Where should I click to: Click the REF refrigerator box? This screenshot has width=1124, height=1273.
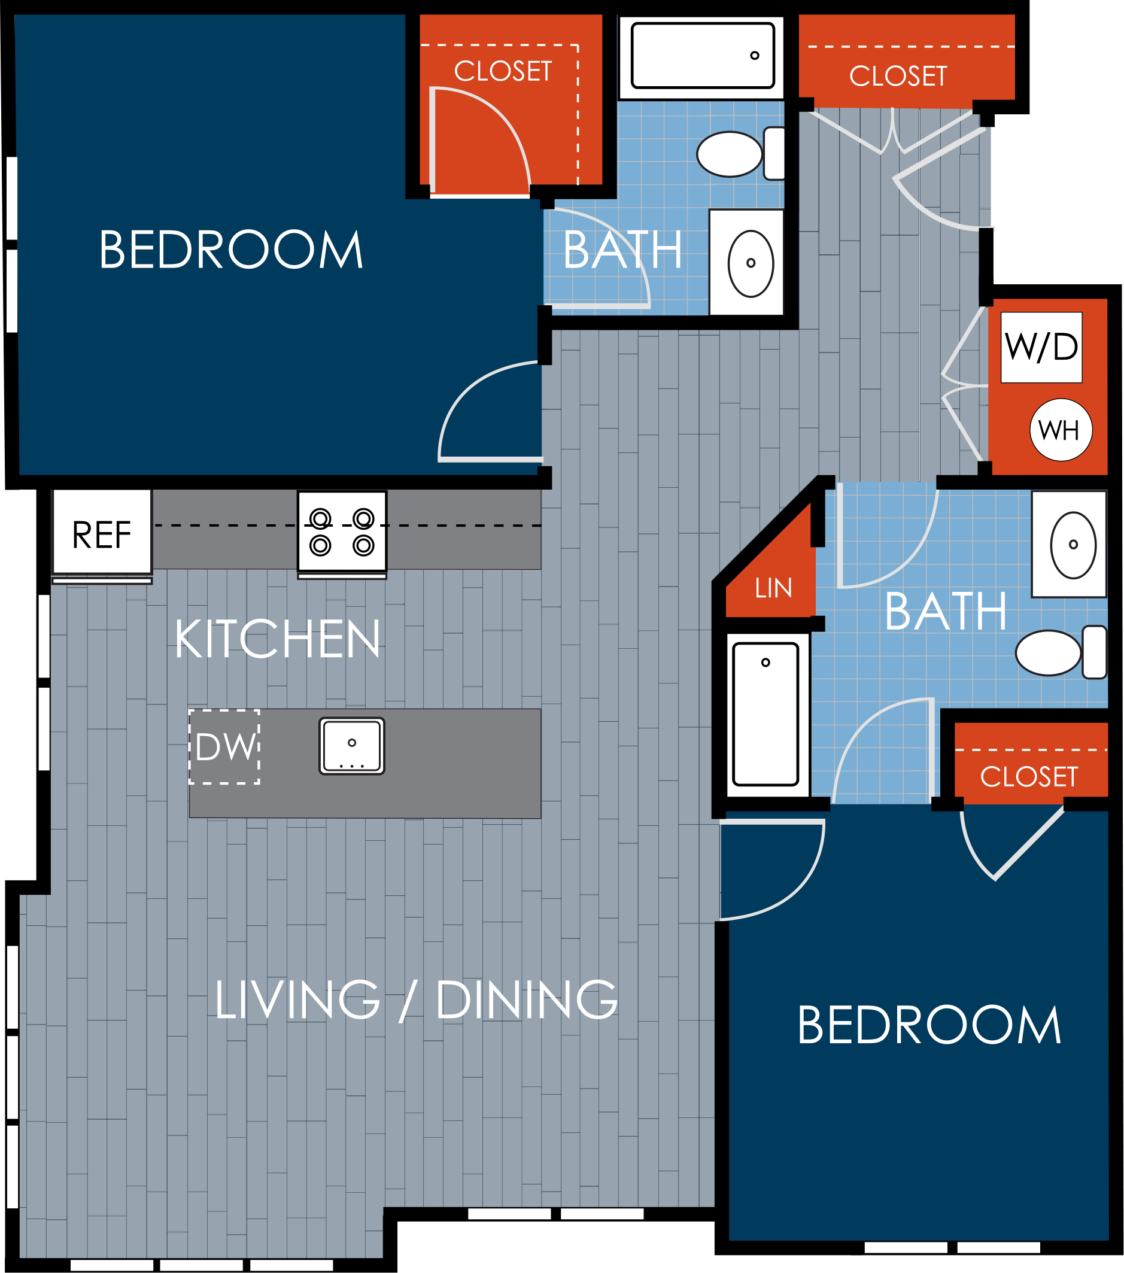pos(102,533)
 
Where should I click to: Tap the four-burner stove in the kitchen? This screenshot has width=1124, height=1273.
pos(342,532)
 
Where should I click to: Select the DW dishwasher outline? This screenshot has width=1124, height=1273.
pos(225,747)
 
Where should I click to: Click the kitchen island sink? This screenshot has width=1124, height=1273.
pos(352,746)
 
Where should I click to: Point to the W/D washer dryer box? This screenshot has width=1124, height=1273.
pos(1041,347)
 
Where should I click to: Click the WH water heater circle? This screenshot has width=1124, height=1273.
pos(1061,430)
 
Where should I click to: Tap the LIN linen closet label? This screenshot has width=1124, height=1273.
pos(773,588)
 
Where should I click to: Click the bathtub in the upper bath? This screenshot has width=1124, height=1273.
pos(703,56)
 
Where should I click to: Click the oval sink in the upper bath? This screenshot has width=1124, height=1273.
pos(751,263)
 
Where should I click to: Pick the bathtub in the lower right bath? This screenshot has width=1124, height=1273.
pos(765,715)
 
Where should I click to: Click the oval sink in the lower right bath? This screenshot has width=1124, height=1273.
pos(1073,545)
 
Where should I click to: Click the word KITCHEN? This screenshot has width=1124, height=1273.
pos(278,639)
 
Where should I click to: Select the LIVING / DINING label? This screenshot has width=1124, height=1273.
pos(416,1000)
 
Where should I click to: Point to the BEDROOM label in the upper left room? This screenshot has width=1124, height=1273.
pos(231,250)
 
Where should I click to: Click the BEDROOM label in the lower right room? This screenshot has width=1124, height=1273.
pos(929,1026)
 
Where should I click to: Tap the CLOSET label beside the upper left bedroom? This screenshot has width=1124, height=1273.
pos(503,71)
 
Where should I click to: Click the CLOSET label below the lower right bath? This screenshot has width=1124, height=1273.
pos(1029,777)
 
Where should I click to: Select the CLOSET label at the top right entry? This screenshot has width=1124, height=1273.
pos(898,76)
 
